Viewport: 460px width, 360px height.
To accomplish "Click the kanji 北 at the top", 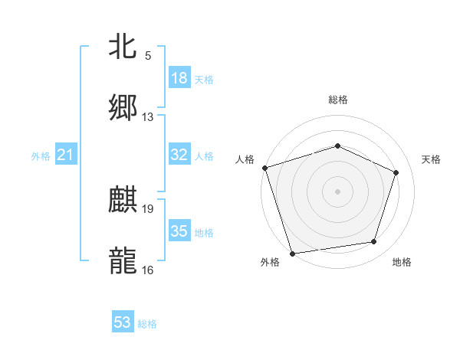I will pos(123,46).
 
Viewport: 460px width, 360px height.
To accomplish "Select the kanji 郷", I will pos(123,107).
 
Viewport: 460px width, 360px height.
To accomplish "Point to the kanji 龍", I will pos(123,260).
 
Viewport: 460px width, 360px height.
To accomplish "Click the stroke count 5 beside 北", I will pos(148,56).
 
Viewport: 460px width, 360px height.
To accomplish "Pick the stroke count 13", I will pos(148,117).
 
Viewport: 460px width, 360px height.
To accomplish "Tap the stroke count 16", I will pos(148,270).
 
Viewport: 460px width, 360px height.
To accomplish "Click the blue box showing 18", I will pos(179,78).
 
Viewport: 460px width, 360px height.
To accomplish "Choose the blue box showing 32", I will pos(179,155).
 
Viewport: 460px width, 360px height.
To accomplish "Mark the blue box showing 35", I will pos(179,231).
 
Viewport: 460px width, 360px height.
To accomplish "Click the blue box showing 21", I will pos(66,155).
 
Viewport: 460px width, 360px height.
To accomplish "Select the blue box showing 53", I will pos(123,322).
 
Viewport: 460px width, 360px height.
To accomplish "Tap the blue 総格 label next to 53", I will pos(147,324).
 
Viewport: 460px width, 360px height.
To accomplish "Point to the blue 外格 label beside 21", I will pos(41,156).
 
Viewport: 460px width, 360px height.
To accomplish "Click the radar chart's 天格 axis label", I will pos(432,159).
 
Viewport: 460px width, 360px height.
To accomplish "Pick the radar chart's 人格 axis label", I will pos(245,159).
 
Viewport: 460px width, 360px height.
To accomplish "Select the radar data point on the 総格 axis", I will pos(338,146).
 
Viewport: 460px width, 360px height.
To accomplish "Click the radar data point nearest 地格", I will pos(374,242).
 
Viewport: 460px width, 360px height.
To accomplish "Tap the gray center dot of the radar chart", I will pos(338,191).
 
